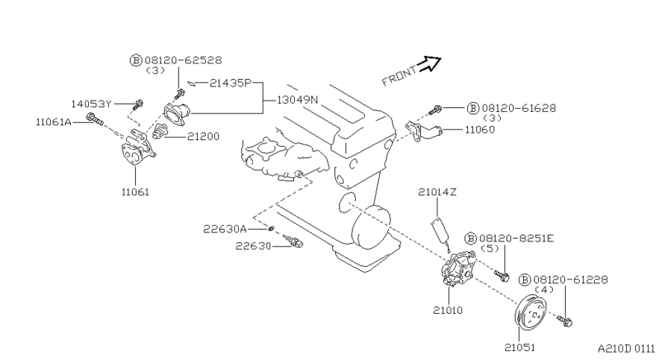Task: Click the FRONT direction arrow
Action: [430, 63]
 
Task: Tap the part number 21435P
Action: [230, 83]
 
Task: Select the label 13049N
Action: [297, 100]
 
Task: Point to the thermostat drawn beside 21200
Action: [160, 131]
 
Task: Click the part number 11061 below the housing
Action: [135, 192]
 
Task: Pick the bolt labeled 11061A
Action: [94, 119]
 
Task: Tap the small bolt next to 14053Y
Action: [138, 103]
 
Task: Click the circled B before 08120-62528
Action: [136, 60]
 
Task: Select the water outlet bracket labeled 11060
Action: [423, 131]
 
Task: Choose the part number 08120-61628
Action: [519, 109]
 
